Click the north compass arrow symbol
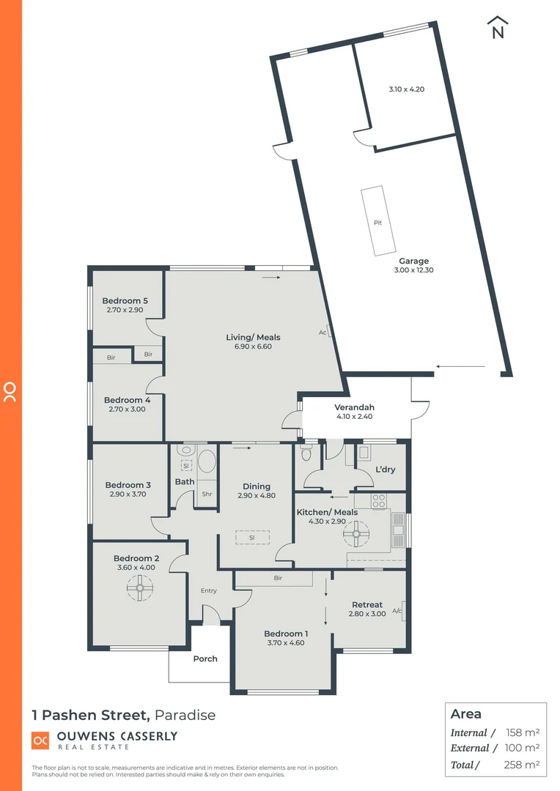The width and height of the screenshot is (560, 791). pos(498,27)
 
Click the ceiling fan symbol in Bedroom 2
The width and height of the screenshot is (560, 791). pos(138,587)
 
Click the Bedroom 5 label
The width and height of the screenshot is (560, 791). pos(125,301)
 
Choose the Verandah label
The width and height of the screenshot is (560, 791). pos(354,407)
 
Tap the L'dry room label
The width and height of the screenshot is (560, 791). pos(386,469)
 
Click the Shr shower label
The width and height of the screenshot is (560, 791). pos(207,494)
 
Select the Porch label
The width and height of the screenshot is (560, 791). pos(205,658)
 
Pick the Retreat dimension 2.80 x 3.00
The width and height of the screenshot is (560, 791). pos(367,614)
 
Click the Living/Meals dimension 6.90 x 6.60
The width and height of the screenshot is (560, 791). pos(253,346)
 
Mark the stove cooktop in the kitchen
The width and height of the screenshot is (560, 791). pos(380,502)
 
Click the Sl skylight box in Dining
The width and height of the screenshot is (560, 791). pos(251,538)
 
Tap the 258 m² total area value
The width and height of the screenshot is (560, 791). pos(523,765)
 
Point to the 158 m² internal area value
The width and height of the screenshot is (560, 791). pos(523,732)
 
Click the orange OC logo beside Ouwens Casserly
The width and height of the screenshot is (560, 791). pos(40,740)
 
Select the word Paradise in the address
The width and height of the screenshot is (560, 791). pos(185,715)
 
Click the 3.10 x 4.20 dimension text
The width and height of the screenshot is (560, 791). pos(406,89)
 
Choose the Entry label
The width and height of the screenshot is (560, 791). pos(209,590)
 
